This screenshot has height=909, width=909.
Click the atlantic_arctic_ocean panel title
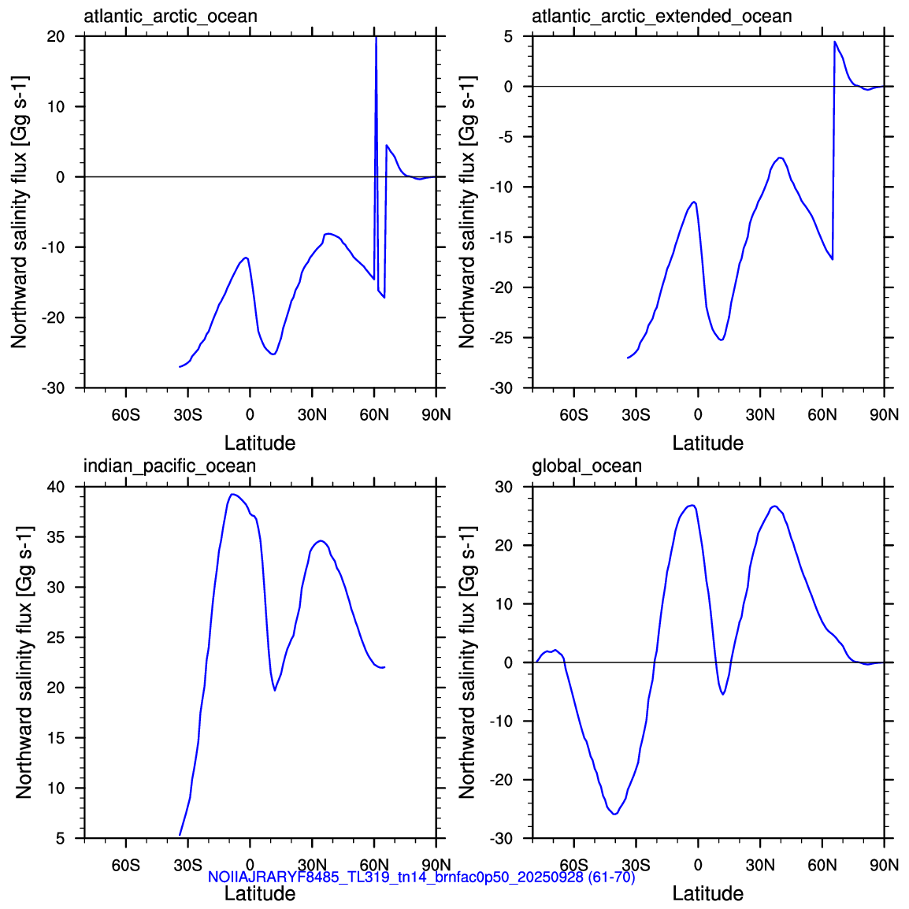pos(170,17)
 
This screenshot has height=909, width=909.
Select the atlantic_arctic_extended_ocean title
pos(662,17)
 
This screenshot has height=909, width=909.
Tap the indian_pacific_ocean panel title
pos(169,466)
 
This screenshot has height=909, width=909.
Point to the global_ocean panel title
pos(587,466)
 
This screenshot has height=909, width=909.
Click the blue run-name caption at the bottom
pos(421,877)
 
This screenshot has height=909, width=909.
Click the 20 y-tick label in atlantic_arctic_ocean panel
pos(56,36)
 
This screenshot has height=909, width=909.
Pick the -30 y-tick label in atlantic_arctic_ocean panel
pos(53,388)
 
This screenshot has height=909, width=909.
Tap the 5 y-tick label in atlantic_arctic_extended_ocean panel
pos(508,36)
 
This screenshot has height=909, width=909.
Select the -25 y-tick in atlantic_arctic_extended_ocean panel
pos(501,337)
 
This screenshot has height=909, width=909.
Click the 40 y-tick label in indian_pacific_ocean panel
pos(56,486)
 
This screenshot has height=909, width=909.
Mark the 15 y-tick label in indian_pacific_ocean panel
pos(56,738)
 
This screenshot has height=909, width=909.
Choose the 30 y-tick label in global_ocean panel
pos(504,486)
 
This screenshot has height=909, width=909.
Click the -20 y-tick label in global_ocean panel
pos(501,780)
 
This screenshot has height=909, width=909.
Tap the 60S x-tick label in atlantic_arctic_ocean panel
pos(126,415)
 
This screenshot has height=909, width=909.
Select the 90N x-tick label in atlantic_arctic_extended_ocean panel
pos(885,415)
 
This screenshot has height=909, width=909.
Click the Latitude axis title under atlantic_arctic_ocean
pos(260,443)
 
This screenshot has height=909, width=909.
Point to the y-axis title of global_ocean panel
pos(467,662)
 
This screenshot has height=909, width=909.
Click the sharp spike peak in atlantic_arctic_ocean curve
pos(377,37)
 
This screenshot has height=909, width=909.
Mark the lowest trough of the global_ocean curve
pos(614,814)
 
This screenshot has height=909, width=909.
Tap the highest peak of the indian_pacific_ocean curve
pos(232,495)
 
